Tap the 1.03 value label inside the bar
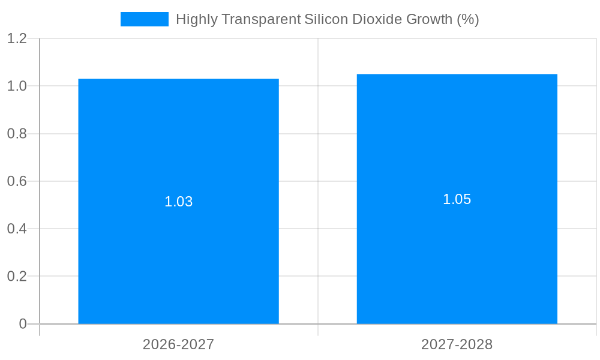tap(178, 202)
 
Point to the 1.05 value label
tap(457, 199)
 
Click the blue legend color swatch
tap(144, 19)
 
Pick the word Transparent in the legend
tap(261, 19)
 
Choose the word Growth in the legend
tap(429, 19)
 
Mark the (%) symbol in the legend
tap(467, 19)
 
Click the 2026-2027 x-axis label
tap(178, 344)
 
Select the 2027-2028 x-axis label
tap(457, 344)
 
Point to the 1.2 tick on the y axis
tap(17, 39)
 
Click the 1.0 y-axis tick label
tap(17, 86)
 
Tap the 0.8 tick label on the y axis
tap(17, 134)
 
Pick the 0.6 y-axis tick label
tap(17, 181)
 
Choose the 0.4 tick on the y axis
tap(17, 229)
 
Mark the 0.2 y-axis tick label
tap(17, 276)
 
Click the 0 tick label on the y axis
tap(23, 324)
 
